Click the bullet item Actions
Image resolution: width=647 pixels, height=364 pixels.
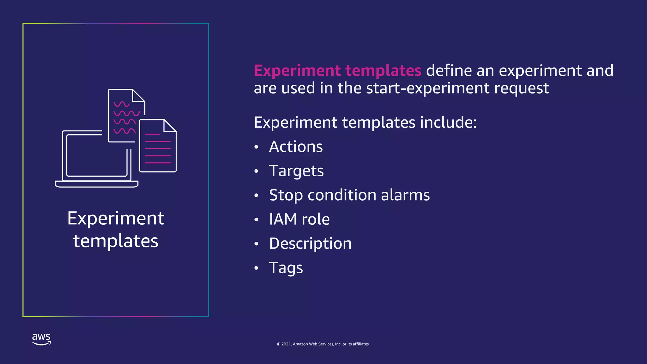(296, 147)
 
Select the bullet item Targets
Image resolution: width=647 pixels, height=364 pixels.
(296, 171)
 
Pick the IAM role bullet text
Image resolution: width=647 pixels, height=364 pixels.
(299, 219)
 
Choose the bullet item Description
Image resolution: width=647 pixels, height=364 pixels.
(310, 244)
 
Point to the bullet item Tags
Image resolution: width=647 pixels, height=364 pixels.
(286, 268)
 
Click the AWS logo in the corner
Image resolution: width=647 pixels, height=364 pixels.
(41, 339)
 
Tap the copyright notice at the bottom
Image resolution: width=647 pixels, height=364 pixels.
(323, 344)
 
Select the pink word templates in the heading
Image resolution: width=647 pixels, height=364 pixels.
(383, 71)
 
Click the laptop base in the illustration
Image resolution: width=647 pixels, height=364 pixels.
(96, 184)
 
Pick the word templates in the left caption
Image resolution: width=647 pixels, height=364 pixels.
(116, 241)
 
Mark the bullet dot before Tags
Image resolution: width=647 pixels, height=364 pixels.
(256, 268)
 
